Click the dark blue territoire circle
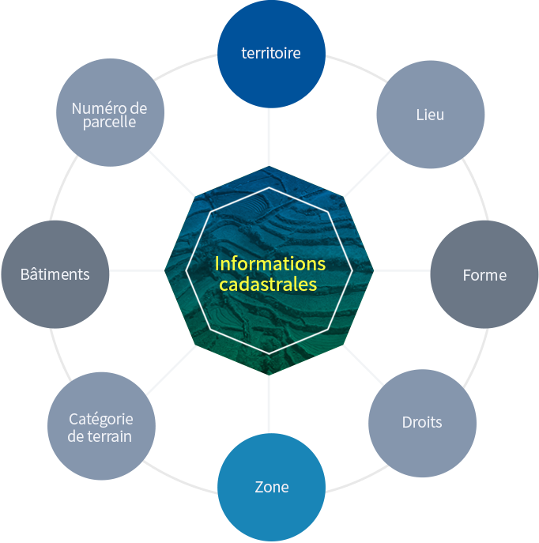point(271,54)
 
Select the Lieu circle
point(430,115)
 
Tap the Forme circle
point(484,274)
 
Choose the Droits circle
point(422,423)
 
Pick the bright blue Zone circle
point(271,487)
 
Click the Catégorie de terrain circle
point(101,426)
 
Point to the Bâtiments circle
point(55,274)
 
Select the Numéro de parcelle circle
point(110,112)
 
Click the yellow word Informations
point(270,264)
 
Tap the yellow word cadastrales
point(268,285)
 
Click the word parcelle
point(109,123)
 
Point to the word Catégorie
point(101,420)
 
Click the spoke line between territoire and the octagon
point(269,137)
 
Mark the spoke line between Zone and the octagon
point(269,404)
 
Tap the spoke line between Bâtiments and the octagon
point(137,270)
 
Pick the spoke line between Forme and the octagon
point(402,270)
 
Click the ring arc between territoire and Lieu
point(357,67)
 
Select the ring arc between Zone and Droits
point(357,479)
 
